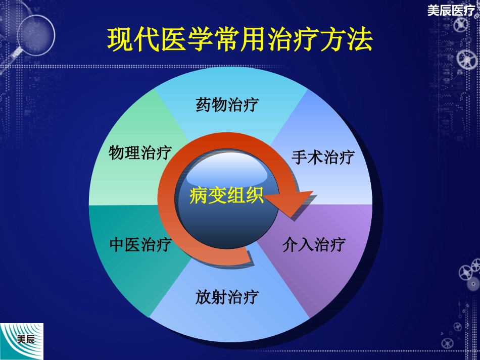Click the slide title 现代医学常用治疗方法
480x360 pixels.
(239, 40)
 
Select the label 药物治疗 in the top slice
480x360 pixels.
(227, 105)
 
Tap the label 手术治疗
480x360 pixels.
(322, 157)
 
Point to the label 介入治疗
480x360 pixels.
(314, 245)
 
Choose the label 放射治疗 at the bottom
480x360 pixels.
(227, 296)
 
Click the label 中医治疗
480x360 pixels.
(140, 245)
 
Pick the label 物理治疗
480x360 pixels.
(140, 152)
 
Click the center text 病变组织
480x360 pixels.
(227, 195)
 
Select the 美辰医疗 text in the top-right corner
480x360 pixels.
(451, 10)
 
